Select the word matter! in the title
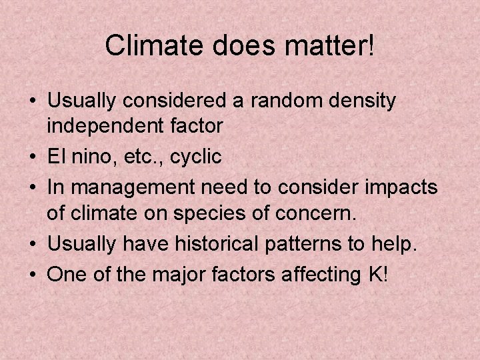323,46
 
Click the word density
365,103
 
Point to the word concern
323,213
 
